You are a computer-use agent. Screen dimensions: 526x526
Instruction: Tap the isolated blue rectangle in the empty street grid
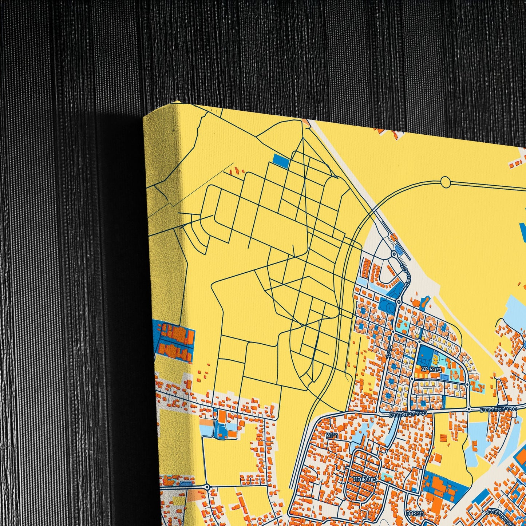280,161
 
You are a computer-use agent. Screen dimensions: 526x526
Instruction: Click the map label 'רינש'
332,435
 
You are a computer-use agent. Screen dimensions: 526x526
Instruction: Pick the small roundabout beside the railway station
393,254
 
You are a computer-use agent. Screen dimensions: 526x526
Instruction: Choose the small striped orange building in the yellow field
443,437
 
